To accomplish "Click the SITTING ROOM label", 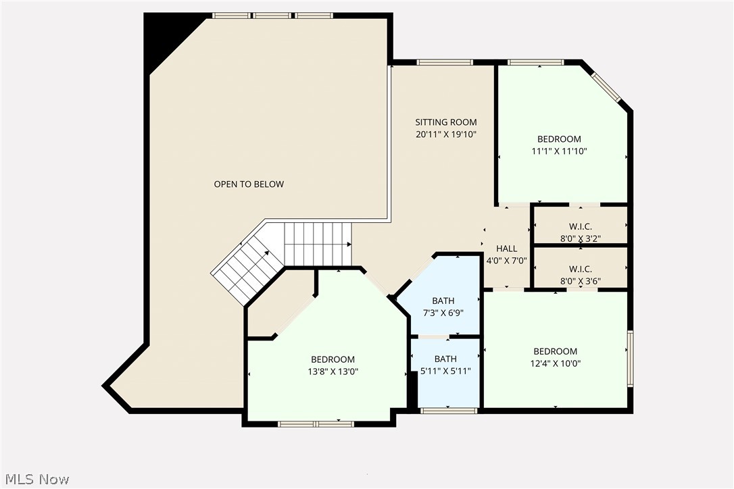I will click(x=445, y=122).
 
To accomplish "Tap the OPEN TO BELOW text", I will click(x=249, y=184).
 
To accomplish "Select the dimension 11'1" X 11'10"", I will click(x=559, y=151).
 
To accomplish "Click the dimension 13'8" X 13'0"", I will click(x=333, y=371).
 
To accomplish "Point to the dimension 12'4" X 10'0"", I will click(x=555, y=363).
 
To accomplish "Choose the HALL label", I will click(x=506, y=249).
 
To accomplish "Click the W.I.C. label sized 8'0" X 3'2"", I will click(x=580, y=226).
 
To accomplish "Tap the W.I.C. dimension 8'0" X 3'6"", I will click(x=580, y=281).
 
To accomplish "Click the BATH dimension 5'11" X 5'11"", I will click(x=445, y=371).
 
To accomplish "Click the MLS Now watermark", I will click(x=35, y=480).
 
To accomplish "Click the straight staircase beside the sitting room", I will click(x=318, y=244).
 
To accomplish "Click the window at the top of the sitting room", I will click(x=444, y=63).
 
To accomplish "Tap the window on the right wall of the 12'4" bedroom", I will click(x=630, y=358).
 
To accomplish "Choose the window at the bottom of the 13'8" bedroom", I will click(x=316, y=423).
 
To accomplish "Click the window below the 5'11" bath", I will click(x=448, y=410).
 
